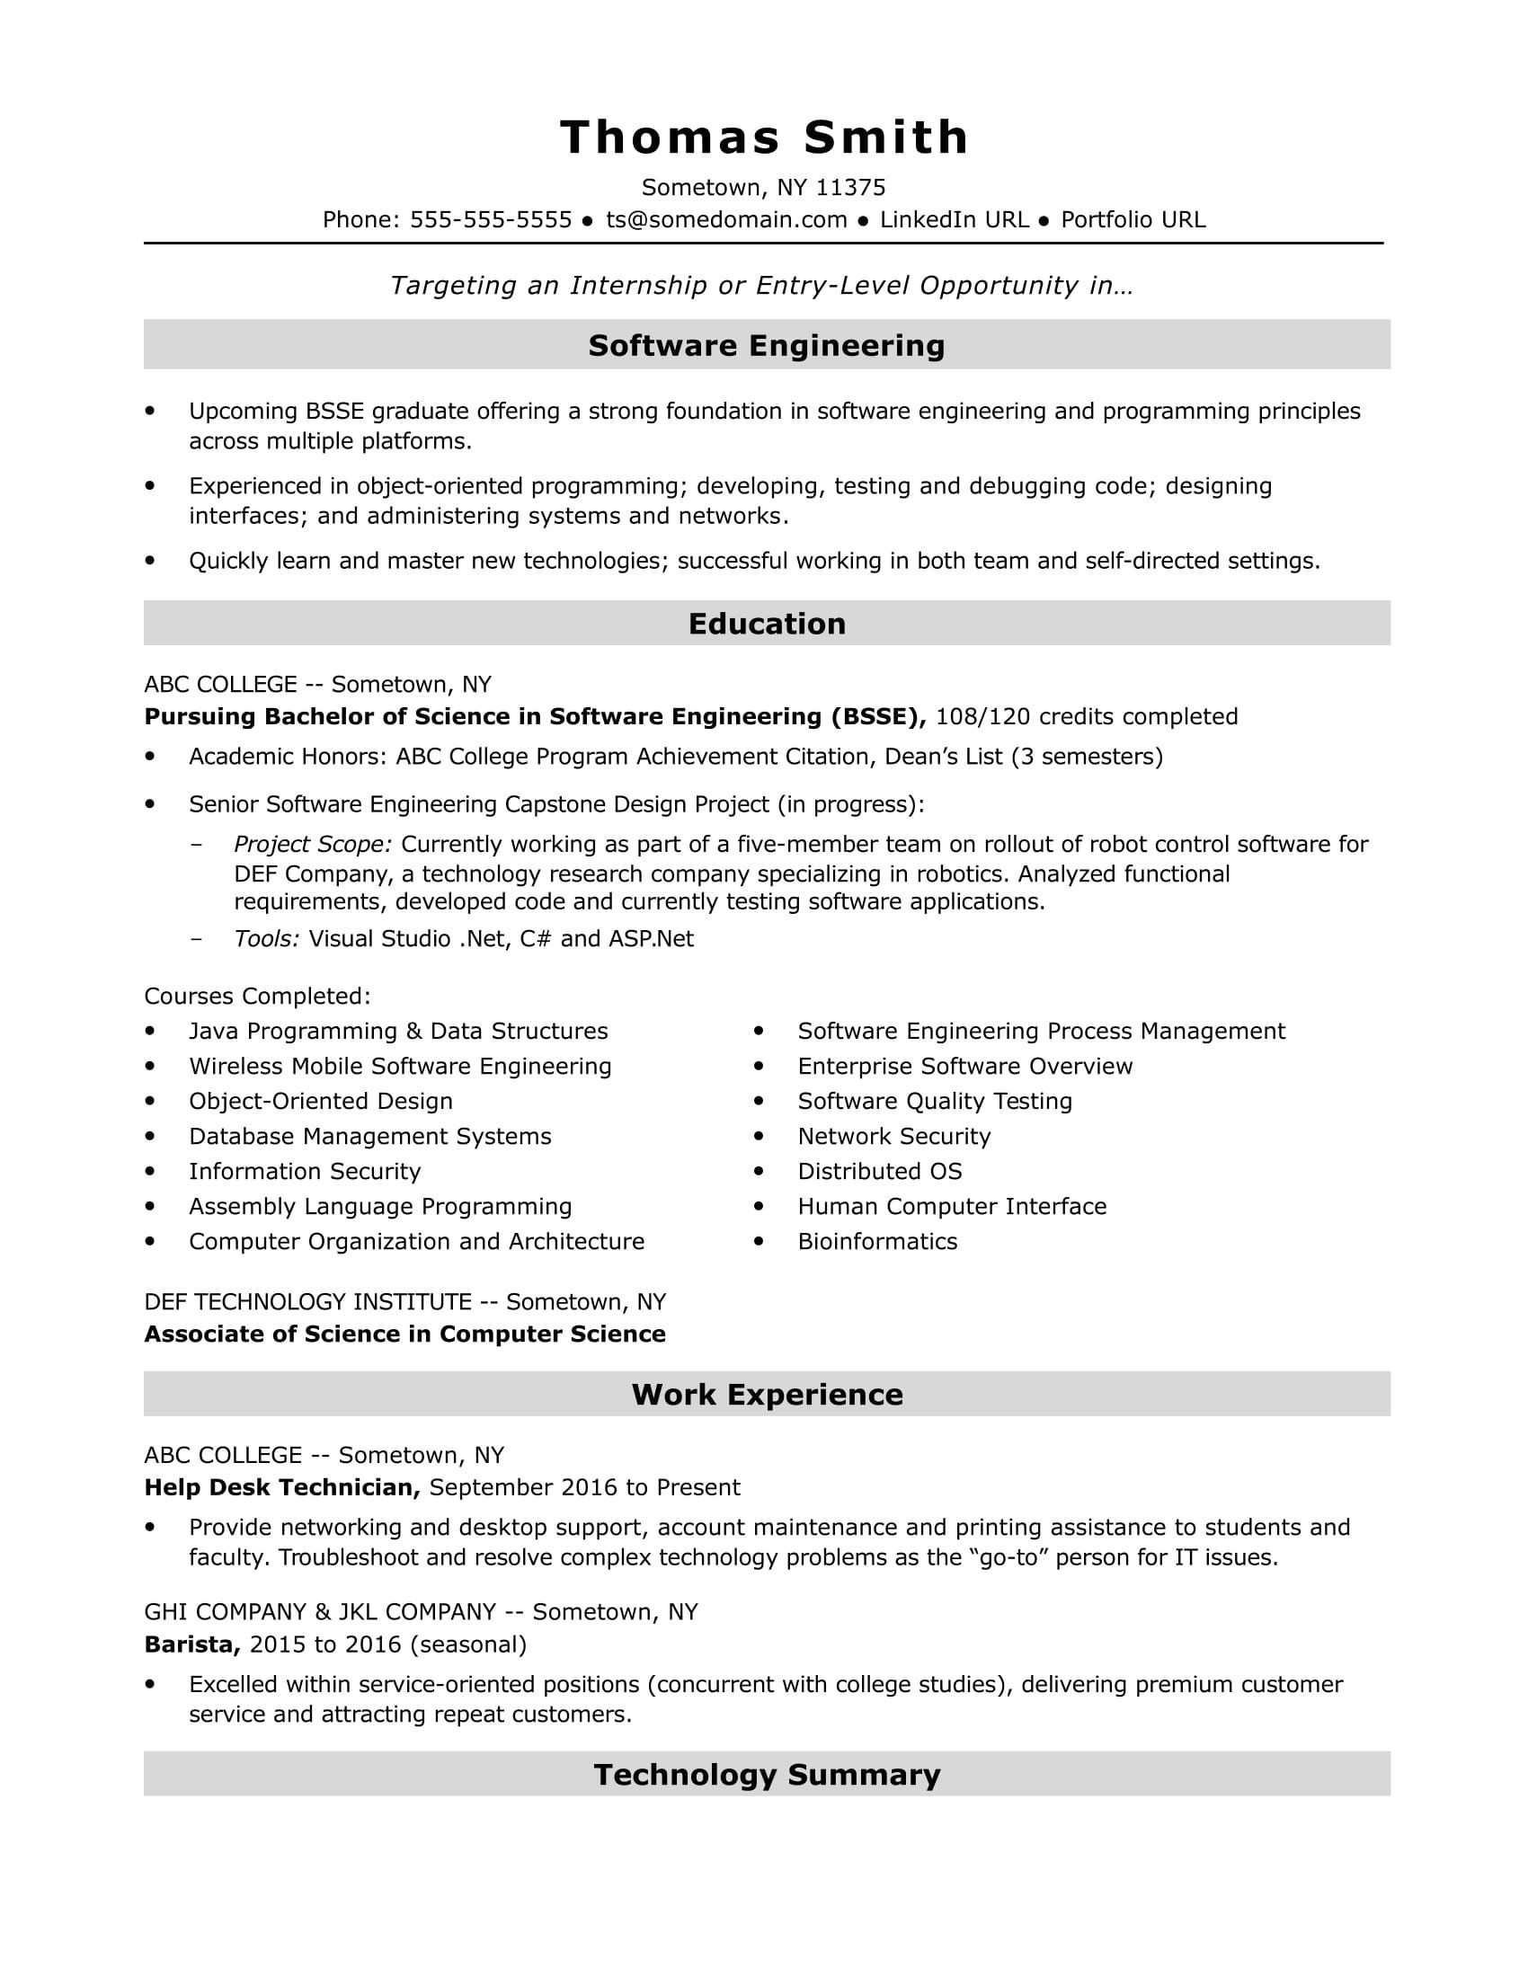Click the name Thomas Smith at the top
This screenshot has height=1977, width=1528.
pyautogui.click(x=764, y=137)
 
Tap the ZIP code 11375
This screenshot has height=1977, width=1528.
pyautogui.click(x=850, y=188)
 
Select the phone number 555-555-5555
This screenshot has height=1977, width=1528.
pyautogui.click(x=491, y=220)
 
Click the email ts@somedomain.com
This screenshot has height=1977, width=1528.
pyautogui.click(x=726, y=220)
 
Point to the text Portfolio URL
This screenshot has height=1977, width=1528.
pyautogui.click(x=1133, y=220)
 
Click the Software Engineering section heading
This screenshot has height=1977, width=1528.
pyautogui.click(x=766, y=345)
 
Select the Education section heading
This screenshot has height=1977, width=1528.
pyautogui.click(x=766, y=624)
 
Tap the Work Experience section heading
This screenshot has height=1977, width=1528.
pyautogui.click(x=766, y=1394)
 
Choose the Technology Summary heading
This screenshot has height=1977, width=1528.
pyautogui.click(x=766, y=1774)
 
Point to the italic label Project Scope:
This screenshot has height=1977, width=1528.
pyautogui.click(x=312, y=845)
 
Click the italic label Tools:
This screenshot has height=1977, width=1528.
pyautogui.click(x=266, y=939)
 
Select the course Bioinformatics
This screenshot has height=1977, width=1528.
pyautogui.click(x=876, y=1241)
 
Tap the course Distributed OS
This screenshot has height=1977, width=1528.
pyautogui.click(x=879, y=1171)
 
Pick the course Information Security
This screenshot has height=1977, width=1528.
pyautogui.click(x=304, y=1171)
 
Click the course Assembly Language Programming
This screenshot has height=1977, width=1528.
pyautogui.click(x=380, y=1207)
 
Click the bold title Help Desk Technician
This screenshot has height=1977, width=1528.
pyautogui.click(x=281, y=1487)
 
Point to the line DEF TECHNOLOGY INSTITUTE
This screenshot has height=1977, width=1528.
pyautogui.click(x=307, y=1302)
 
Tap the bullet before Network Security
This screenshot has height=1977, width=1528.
pyautogui.click(x=759, y=1136)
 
